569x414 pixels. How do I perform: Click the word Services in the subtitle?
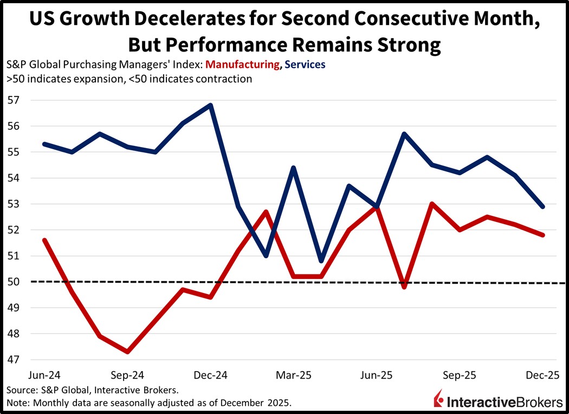[305, 65]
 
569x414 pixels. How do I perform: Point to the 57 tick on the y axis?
[12, 100]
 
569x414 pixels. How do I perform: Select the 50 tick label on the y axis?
[12, 282]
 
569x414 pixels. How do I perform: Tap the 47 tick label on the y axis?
[12, 359]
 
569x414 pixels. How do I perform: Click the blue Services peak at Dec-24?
[210, 105]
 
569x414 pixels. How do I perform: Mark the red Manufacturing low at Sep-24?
[127, 352]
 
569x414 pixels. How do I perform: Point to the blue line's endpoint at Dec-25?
[542, 207]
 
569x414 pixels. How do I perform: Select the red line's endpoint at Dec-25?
[542, 235]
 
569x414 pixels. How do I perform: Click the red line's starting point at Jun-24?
[44, 240]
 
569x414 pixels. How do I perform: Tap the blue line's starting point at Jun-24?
[44, 144]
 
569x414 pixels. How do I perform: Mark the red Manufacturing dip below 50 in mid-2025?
[404, 286]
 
